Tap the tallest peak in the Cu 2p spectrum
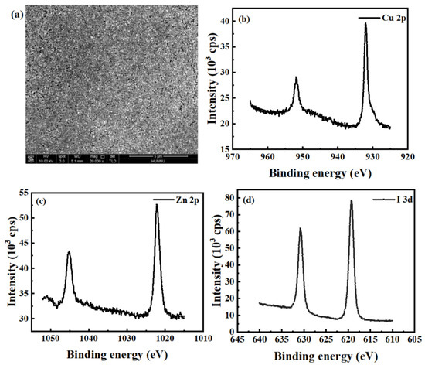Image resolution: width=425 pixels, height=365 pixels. click(x=365, y=24)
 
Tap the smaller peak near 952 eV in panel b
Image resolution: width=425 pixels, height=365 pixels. click(x=296, y=77)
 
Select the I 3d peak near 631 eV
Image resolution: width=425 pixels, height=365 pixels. click(x=301, y=229)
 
